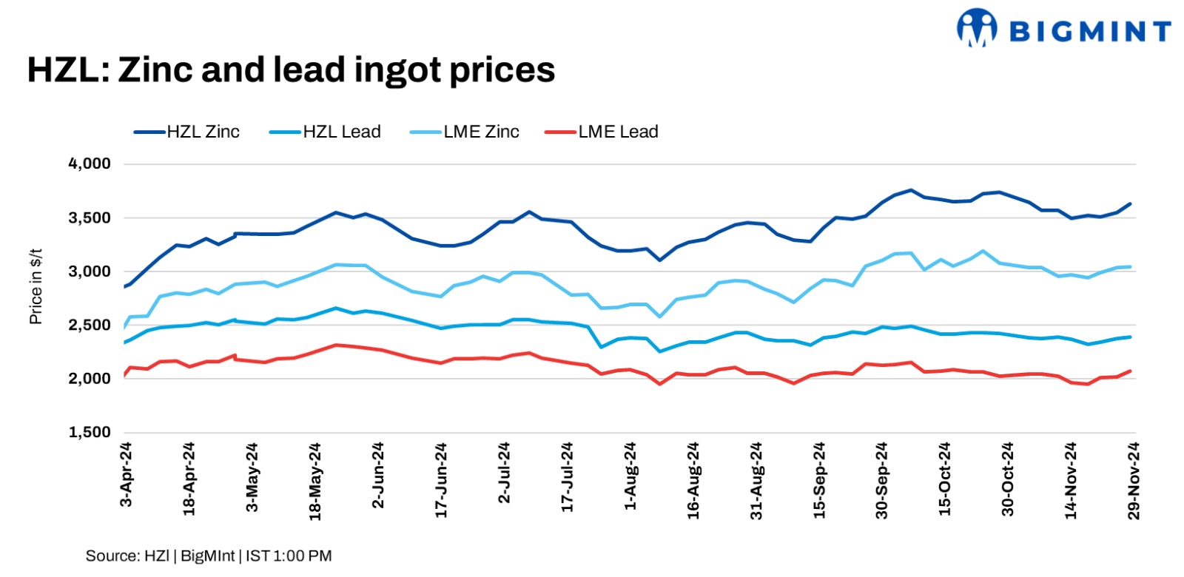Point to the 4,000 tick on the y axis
point(90,163)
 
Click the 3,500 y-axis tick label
point(90,217)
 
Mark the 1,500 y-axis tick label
point(90,432)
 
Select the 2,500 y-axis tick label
point(90,325)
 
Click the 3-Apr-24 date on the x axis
point(126,474)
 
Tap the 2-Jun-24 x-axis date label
point(378,475)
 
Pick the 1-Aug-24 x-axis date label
point(630,475)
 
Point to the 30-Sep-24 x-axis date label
point(882,480)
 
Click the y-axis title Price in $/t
point(36,286)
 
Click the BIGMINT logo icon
point(976,27)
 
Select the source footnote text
point(209,556)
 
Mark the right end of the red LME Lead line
point(1131,371)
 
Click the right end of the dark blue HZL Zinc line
point(1131,204)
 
